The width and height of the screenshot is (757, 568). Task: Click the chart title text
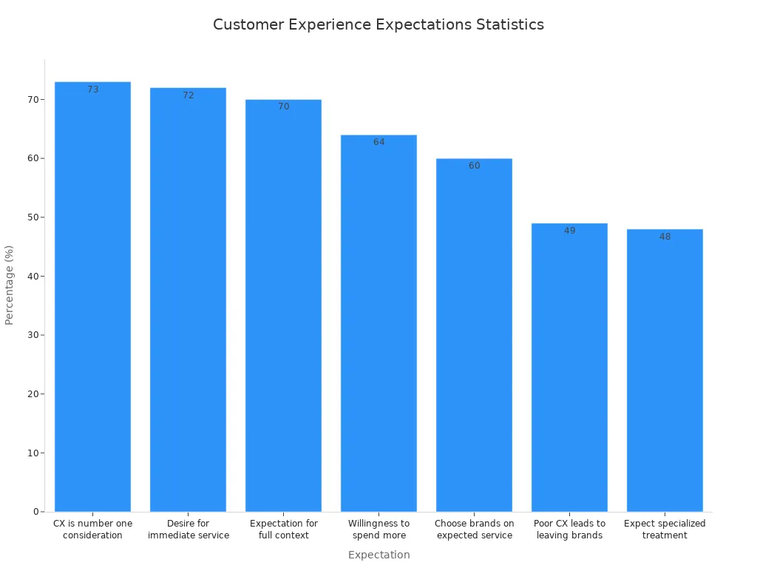tap(378, 24)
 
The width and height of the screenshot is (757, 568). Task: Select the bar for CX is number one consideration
tap(92, 296)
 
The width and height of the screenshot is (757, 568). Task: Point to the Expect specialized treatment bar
tap(665, 370)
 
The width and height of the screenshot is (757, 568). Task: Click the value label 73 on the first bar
tap(92, 89)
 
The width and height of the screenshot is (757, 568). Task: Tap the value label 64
tap(378, 142)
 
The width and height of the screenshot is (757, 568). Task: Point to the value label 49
tap(569, 231)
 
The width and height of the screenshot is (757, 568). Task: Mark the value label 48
tap(665, 237)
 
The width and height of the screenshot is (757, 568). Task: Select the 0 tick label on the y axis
tap(34, 512)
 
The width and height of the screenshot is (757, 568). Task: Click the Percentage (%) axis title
tap(10, 285)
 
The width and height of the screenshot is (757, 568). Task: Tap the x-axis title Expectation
tap(378, 555)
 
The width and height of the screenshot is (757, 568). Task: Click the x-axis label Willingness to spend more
tap(378, 530)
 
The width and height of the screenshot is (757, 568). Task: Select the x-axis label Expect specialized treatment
tap(665, 530)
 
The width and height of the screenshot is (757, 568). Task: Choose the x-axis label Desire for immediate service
tap(188, 530)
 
